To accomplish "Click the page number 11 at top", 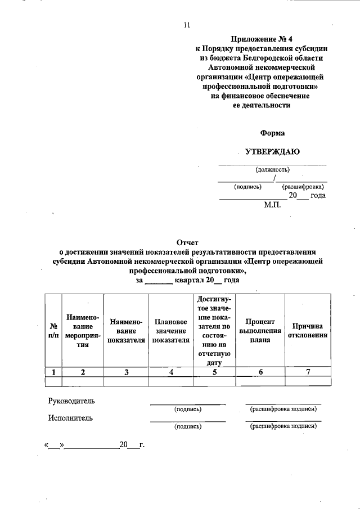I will tap(187, 25).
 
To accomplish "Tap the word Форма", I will tap(272, 133).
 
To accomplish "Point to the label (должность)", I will tap(272, 169).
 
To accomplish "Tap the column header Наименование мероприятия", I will tap(83, 331).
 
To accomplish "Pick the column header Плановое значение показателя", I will tap(170, 331).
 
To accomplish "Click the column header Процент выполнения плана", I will tap(260, 330).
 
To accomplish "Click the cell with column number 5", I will tap(214, 371).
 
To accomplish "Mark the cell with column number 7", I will tap(308, 371).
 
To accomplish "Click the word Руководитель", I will tap(71, 401).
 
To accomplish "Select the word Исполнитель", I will tap(70, 418).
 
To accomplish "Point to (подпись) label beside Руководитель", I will tap(188, 409).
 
